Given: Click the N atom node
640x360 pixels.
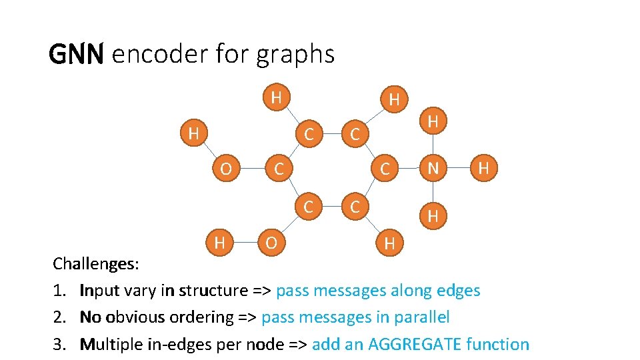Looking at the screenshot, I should pyautogui.click(x=433, y=169).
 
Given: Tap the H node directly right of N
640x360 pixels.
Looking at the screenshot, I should pyautogui.click(x=485, y=169).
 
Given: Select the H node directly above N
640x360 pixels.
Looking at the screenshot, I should pyautogui.click(x=433, y=122).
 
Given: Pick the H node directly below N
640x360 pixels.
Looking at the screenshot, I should pyautogui.click(x=433, y=215).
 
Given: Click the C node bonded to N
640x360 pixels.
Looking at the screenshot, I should pyautogui.click(x=385, y=169).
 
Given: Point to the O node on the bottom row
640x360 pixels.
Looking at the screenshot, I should pyautogui.click(x=271, y=243).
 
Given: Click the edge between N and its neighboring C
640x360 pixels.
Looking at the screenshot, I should pyautogui.click(x=409, y=169).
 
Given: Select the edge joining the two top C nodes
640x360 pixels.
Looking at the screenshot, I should pyautogui.click(x=332, y=133).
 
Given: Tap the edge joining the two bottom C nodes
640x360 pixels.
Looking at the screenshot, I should pyautogui.click(x=332, y=207).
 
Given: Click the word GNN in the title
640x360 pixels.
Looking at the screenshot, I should pyautogui.click(x=76, y=54).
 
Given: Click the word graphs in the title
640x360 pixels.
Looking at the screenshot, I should pyautogui.click(x=300, y=54).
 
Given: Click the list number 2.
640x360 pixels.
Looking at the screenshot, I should pyautogui.click(x=58, y=317).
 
